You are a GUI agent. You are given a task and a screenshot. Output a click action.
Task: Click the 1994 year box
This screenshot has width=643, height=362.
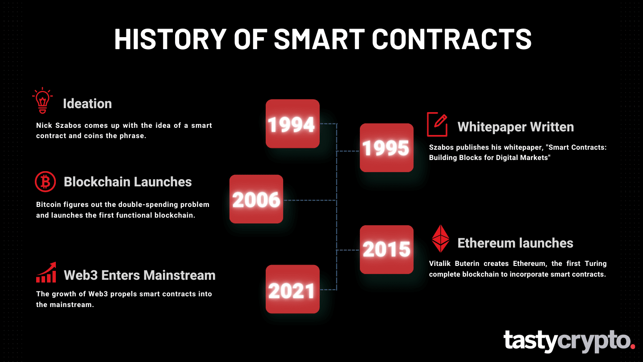point(292,124)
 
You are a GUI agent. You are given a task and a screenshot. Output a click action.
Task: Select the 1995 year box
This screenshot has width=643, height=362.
point(387,148)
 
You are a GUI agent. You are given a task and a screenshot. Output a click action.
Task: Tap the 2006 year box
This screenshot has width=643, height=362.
point(256,199)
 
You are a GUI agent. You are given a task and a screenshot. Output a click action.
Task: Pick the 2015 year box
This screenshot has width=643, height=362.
point(387,249)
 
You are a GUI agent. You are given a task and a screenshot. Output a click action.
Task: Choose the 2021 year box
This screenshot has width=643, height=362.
point(292,289)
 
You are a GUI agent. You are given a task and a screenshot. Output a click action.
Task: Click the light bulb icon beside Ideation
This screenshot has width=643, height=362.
point(43,101)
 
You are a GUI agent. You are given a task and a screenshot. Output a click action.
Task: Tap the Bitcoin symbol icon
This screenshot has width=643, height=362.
point(45,182)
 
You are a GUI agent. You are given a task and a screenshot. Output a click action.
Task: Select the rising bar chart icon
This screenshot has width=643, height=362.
point(46,273)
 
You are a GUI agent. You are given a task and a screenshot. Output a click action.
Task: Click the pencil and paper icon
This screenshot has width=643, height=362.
point(437,124)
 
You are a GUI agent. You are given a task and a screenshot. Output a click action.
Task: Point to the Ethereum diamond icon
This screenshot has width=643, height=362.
point(440,239)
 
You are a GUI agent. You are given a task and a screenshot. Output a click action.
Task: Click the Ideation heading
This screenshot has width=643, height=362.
point(87,104)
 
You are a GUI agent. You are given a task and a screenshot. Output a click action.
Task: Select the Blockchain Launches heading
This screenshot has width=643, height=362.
point(128,182)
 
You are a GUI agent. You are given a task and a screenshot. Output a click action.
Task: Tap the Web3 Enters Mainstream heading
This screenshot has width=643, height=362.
point(139,275)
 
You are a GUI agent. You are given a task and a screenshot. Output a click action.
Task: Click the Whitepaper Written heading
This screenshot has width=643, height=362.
point(515,127)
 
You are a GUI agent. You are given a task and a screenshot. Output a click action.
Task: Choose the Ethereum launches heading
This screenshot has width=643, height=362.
point(515,243)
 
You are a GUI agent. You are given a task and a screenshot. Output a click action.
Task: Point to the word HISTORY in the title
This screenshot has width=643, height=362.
point(170,39)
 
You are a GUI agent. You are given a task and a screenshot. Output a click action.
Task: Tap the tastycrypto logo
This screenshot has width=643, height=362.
point(569,341)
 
